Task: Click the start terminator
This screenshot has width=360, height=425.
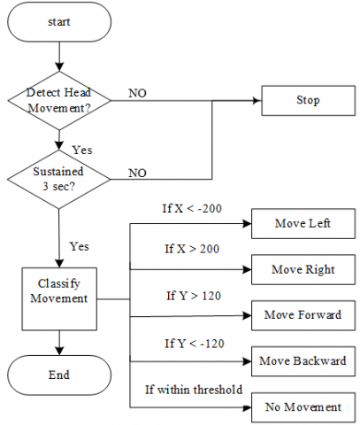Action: point(59,22)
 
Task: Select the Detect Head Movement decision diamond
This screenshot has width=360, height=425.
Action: point(59,100)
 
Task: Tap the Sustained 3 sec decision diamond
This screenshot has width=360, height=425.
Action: point(58,179)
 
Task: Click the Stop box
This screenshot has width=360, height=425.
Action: point(308,100)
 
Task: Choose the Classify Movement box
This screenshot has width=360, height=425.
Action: point(59,298)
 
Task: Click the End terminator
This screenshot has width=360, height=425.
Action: point(59,375)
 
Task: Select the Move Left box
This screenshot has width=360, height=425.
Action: point(303,223)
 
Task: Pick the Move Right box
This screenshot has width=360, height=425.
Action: point(303,269)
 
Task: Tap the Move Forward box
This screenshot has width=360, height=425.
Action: point(303,315)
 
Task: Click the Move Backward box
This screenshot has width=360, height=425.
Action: point(303,361)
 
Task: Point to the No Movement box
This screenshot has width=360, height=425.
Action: point(303,407)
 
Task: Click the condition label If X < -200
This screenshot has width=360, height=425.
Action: point(192,208)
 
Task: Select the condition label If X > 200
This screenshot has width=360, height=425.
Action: point(192,249)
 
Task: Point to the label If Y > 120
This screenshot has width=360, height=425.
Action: point(194,296)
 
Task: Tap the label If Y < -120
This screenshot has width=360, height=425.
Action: point(195,344)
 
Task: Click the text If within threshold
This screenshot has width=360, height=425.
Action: point(194,390)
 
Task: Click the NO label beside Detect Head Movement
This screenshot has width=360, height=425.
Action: point(137,93)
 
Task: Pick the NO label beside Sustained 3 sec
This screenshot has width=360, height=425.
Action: point(137,173)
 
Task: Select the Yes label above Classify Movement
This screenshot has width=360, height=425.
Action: point(80,246)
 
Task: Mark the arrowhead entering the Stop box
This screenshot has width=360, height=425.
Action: point(257,101)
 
